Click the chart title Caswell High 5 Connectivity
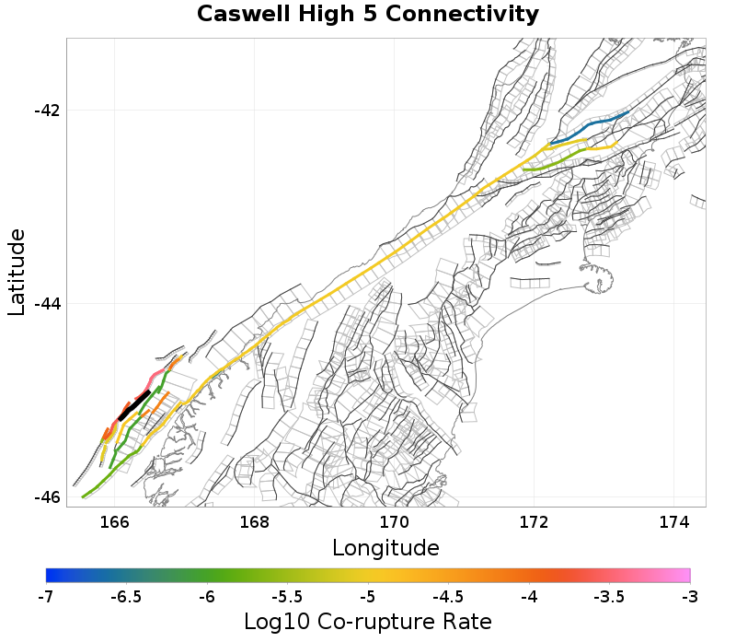click(x=368, y=15)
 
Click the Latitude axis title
click(x=17, y=273)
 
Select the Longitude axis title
click(x=385, y=548)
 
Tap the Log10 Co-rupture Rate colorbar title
click(x=367, y=621)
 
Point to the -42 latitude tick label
click(x=47, y=111)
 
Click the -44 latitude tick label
click(x=47, y=304)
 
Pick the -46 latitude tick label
click(x=47, y=497)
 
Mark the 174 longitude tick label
click(x=674, y=522)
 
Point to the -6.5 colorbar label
click(x=126, y=596)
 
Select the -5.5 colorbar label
click(x=287, y=596)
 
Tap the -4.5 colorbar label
click(x=448, y=596)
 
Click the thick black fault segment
click(x=134, y=404)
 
